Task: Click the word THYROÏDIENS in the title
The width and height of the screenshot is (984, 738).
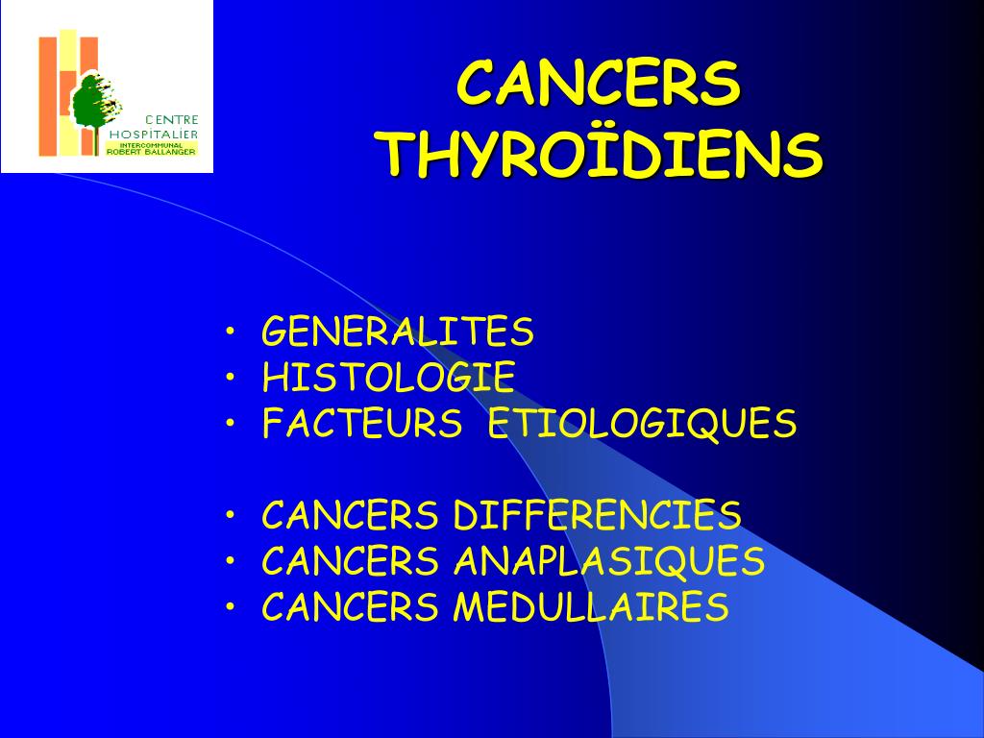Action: coord(603,155)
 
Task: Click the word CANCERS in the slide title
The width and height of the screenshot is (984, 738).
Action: coord(599,83)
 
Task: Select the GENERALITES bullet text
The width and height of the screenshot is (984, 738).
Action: coord(398,332)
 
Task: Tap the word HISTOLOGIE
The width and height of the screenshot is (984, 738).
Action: coord(388,377)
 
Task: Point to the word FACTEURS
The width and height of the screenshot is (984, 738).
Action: coord(362,423)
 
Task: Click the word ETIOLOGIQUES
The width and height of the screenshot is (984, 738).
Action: coord(642,424)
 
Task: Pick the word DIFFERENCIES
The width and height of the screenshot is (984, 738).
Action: coord(597,515)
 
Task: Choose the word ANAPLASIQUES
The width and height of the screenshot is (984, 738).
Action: coord(608,561)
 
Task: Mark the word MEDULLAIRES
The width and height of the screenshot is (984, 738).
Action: coord(591,607)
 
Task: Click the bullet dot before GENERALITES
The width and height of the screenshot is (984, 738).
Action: coord(231,331)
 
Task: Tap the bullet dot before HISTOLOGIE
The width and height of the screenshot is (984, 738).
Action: coord(231,377)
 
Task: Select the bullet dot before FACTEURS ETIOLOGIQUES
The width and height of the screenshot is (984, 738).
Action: coord(231,423)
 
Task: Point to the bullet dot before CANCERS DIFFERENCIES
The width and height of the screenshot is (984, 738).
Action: coord(231,515)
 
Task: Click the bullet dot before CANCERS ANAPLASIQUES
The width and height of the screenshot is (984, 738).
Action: coord(231,560)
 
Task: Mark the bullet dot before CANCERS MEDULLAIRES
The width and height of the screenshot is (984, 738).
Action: coord(231,606)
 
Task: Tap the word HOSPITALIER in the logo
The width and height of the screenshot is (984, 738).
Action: coord(154,134)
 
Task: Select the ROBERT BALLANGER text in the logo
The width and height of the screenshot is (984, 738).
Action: coord(151,152)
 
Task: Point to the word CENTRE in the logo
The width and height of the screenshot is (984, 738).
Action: coord(172,119)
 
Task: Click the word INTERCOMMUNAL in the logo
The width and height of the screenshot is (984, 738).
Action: coord(151,146)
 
